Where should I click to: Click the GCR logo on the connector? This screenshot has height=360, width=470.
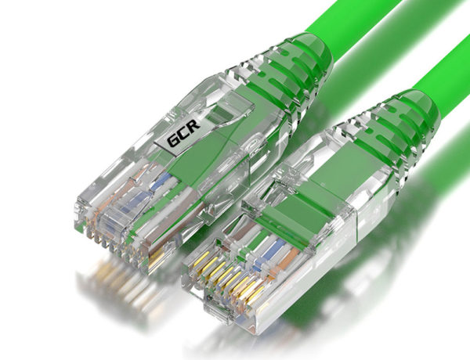point(183,133)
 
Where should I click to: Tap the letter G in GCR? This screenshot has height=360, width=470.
point(173,140)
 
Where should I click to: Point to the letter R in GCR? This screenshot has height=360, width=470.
point(194,125)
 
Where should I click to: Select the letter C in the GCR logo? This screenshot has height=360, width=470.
point(183,133)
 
